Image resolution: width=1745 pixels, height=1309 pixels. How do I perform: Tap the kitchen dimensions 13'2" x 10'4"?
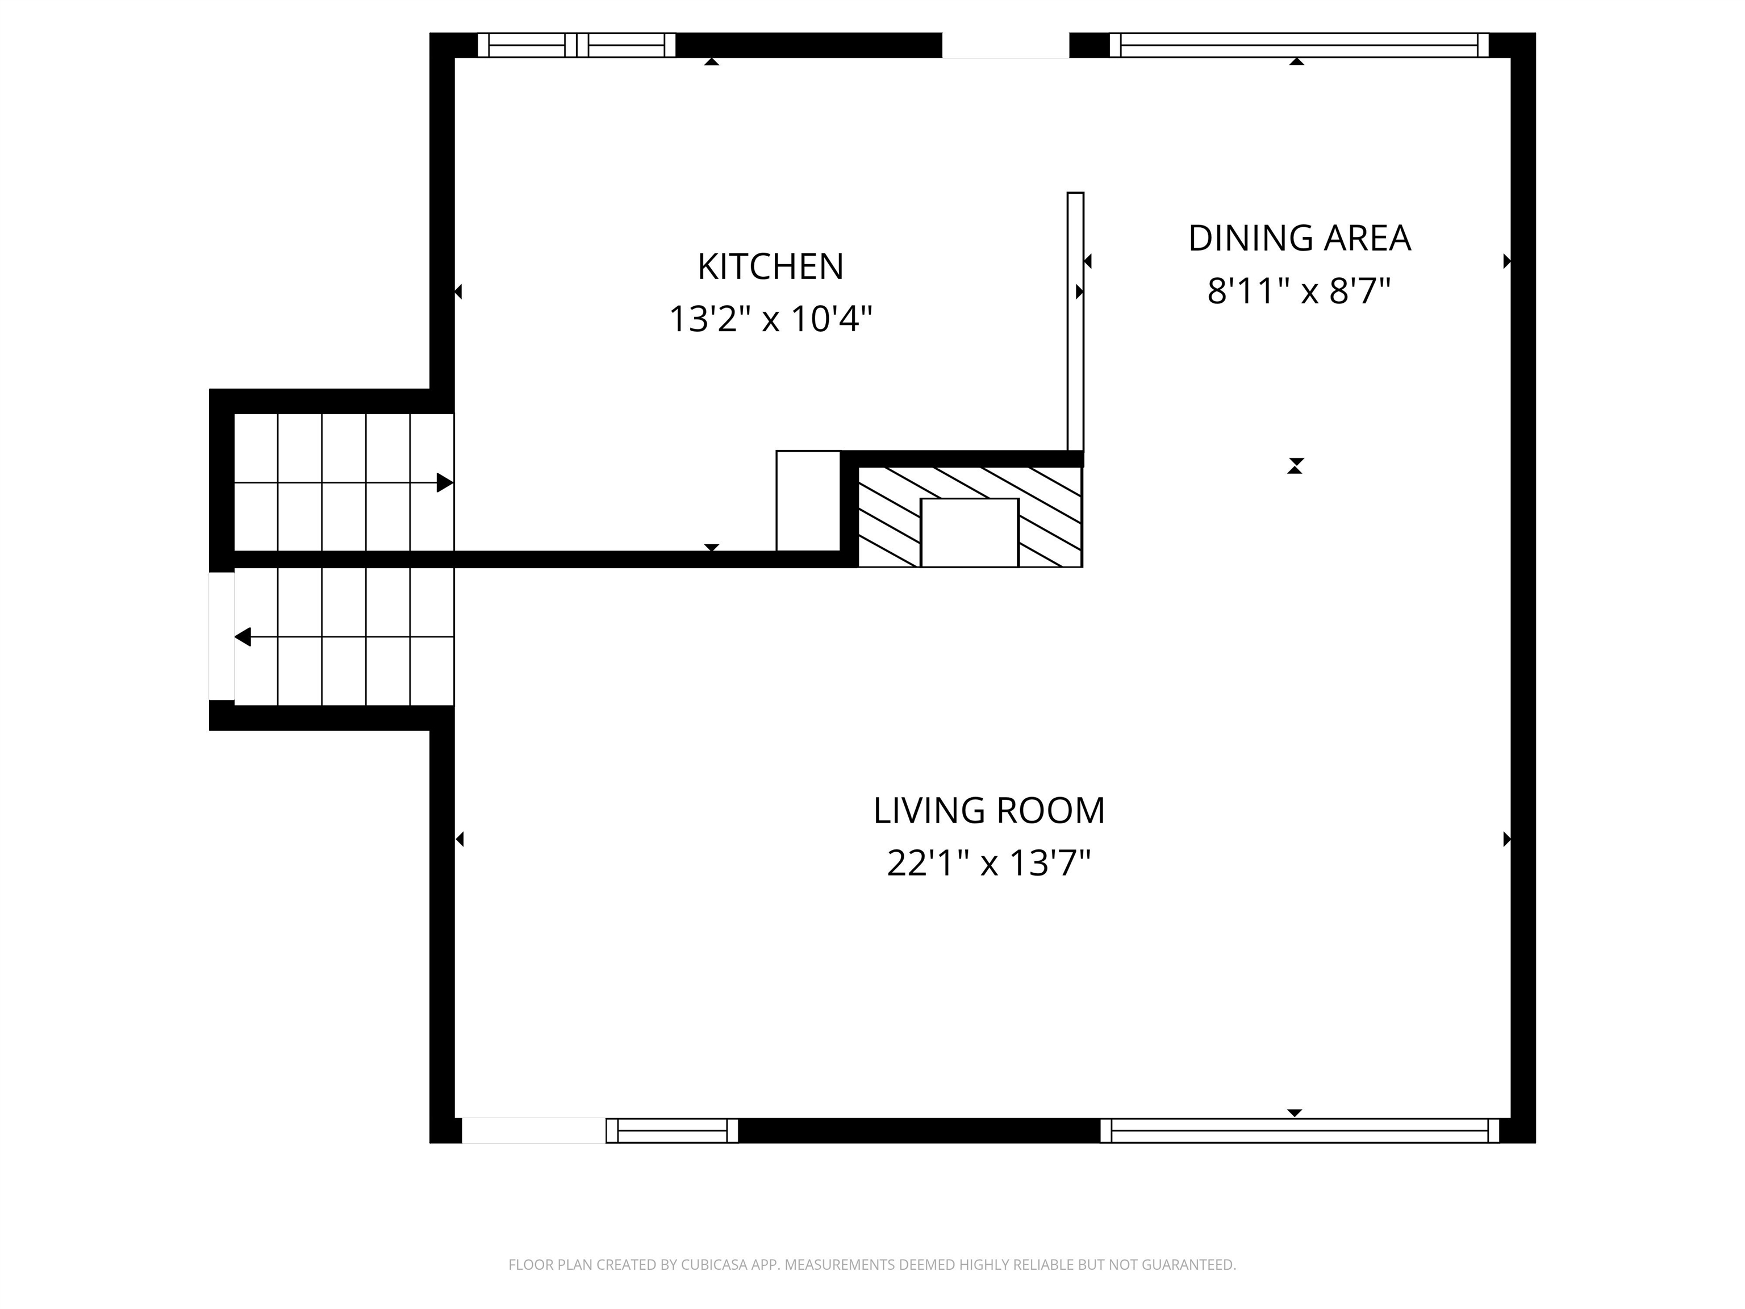click(x=771, y=319)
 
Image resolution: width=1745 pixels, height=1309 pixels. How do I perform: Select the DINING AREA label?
click(x=1299, y=238)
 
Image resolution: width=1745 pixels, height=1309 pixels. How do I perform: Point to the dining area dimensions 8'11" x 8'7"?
click(x=1299, y=291)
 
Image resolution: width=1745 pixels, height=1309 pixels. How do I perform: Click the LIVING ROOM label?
click(x=990, y=811)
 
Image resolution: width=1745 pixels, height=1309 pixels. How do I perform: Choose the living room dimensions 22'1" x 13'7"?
click(x=990, y=863)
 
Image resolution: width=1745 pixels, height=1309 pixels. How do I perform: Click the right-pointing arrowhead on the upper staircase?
click(x=445, y=483)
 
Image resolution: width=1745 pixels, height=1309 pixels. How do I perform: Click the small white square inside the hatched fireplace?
click(x=970, y=532)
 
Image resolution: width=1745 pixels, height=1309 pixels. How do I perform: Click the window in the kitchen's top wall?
click(x=577, y=45)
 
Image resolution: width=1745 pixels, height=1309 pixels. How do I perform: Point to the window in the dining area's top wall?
click(x=1299, y=45)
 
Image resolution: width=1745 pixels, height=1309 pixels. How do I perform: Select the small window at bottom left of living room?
click(x=672, y=1131)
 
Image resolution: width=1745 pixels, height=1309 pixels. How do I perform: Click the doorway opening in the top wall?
click(x=1006, y=45)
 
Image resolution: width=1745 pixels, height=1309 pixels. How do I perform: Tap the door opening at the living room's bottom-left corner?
click(x=533, y=1131)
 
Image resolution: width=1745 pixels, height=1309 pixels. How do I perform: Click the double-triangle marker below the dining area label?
click(x=1295, y=465)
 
